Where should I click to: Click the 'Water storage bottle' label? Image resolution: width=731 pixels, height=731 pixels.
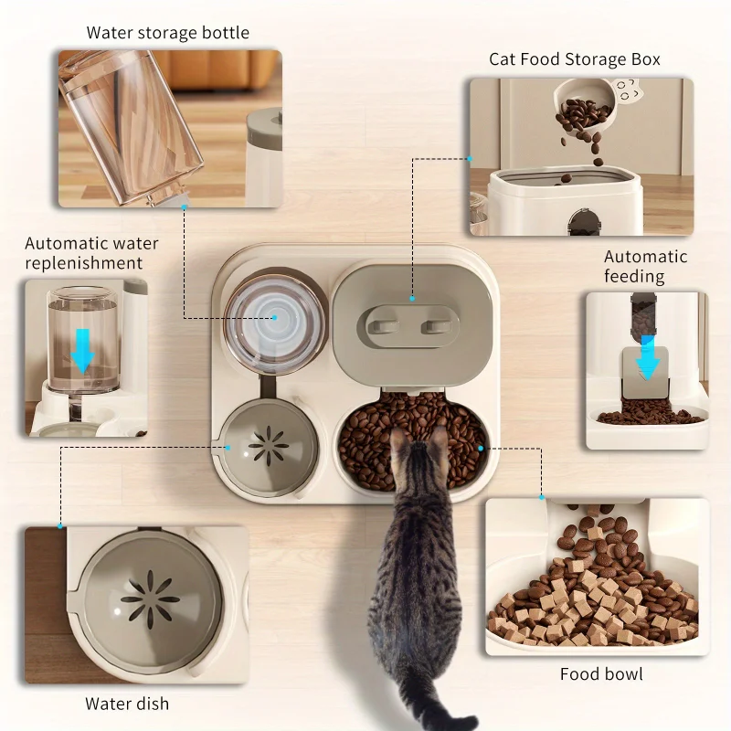167,33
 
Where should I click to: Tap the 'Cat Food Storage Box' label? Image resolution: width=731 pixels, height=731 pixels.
574,59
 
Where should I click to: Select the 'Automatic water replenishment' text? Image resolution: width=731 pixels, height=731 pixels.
90,253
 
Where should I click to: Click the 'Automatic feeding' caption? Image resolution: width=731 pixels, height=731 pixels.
645,266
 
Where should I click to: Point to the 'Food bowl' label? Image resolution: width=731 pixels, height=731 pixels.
601,674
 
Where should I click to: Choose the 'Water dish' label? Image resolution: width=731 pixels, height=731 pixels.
127,704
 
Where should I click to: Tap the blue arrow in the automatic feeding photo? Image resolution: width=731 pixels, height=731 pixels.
648,357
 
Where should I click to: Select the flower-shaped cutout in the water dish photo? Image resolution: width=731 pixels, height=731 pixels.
151,599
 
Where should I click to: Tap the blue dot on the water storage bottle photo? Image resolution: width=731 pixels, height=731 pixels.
184,207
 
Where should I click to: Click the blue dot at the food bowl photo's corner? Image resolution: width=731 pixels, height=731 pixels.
541,498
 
